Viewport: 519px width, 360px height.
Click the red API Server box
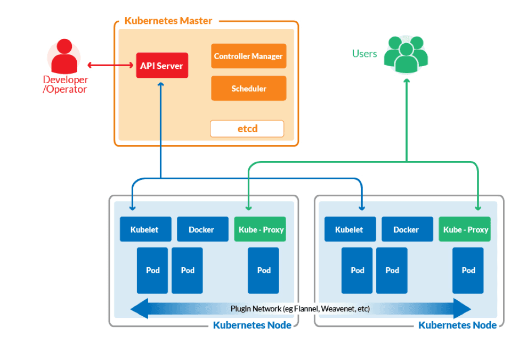tap(162, 66)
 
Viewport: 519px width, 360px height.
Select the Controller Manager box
tap(248, 56)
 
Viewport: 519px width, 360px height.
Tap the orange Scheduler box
tap(248, 89)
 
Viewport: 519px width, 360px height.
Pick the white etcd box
tap(247, 129)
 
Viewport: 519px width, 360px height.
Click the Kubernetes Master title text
tap(168, 21)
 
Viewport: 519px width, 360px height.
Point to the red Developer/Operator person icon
tap(64, 56)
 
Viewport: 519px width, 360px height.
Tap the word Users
tap(364, 54)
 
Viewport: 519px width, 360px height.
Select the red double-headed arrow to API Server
tap(111, 66)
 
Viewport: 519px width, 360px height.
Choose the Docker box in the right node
tap(406, 229)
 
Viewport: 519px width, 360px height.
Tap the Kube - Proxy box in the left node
tap(261, 229)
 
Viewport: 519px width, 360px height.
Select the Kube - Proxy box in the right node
tap(465, 229)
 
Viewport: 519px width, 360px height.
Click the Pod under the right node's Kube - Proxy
tap(468, 270)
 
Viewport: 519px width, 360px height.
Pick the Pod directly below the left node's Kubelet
tap(152, 270)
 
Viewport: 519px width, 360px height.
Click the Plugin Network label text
tap(300, 309)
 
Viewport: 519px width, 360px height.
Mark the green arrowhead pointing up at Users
tap(407, 82)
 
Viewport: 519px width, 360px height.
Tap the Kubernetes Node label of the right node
tap(457, 325)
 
